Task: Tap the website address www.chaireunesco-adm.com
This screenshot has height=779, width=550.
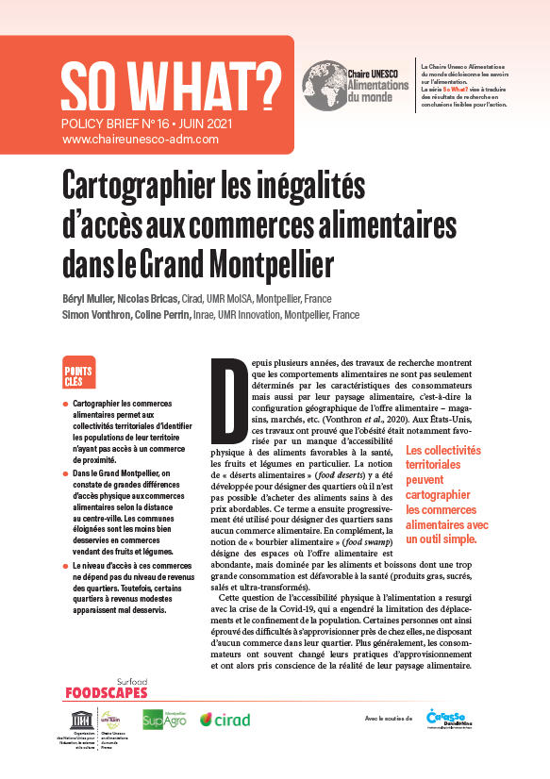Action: [x=141, y=138]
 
